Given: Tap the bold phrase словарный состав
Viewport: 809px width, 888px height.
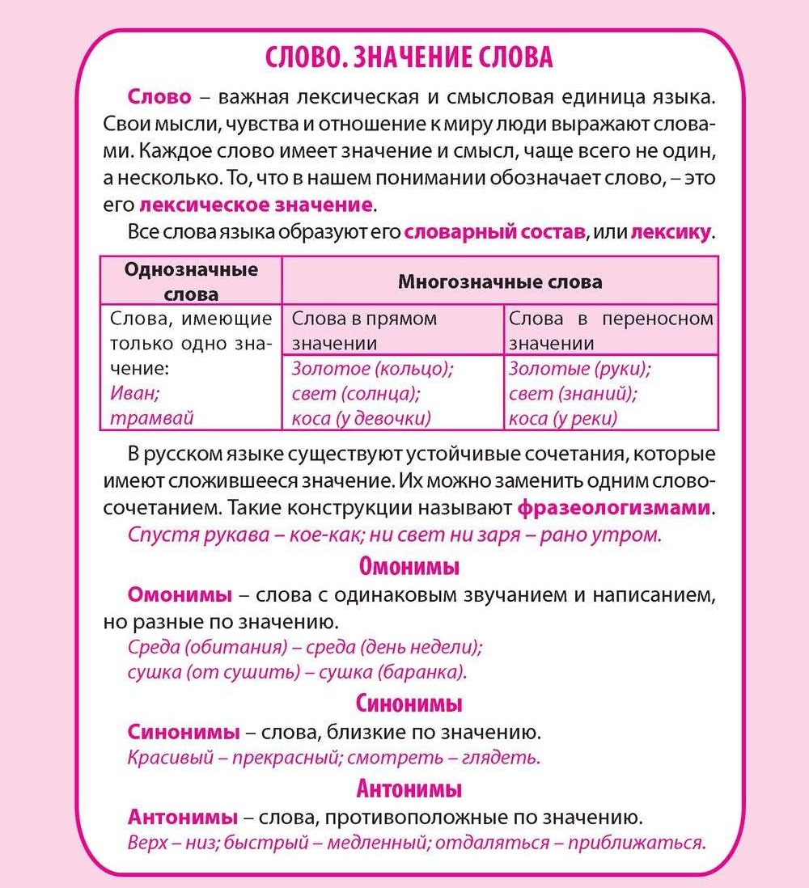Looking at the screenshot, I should click(x=494, y=233).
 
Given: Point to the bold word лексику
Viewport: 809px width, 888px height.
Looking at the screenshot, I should click(x=670, y=233).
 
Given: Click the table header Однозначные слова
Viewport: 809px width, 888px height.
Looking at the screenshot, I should click(x=191, y=281).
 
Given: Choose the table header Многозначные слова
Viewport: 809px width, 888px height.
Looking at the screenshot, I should click(x=500, y=281).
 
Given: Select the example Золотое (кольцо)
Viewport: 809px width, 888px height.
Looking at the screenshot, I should click(x=372, y=369).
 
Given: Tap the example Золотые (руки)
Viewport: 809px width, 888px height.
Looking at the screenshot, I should click(x=580, y=369).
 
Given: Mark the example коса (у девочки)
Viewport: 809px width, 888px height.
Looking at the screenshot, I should click(x=361, y=417).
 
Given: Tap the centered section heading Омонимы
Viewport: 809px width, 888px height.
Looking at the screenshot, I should click(x=409, y=566).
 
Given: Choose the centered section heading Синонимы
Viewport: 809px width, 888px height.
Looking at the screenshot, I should click(x=409, y=703).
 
